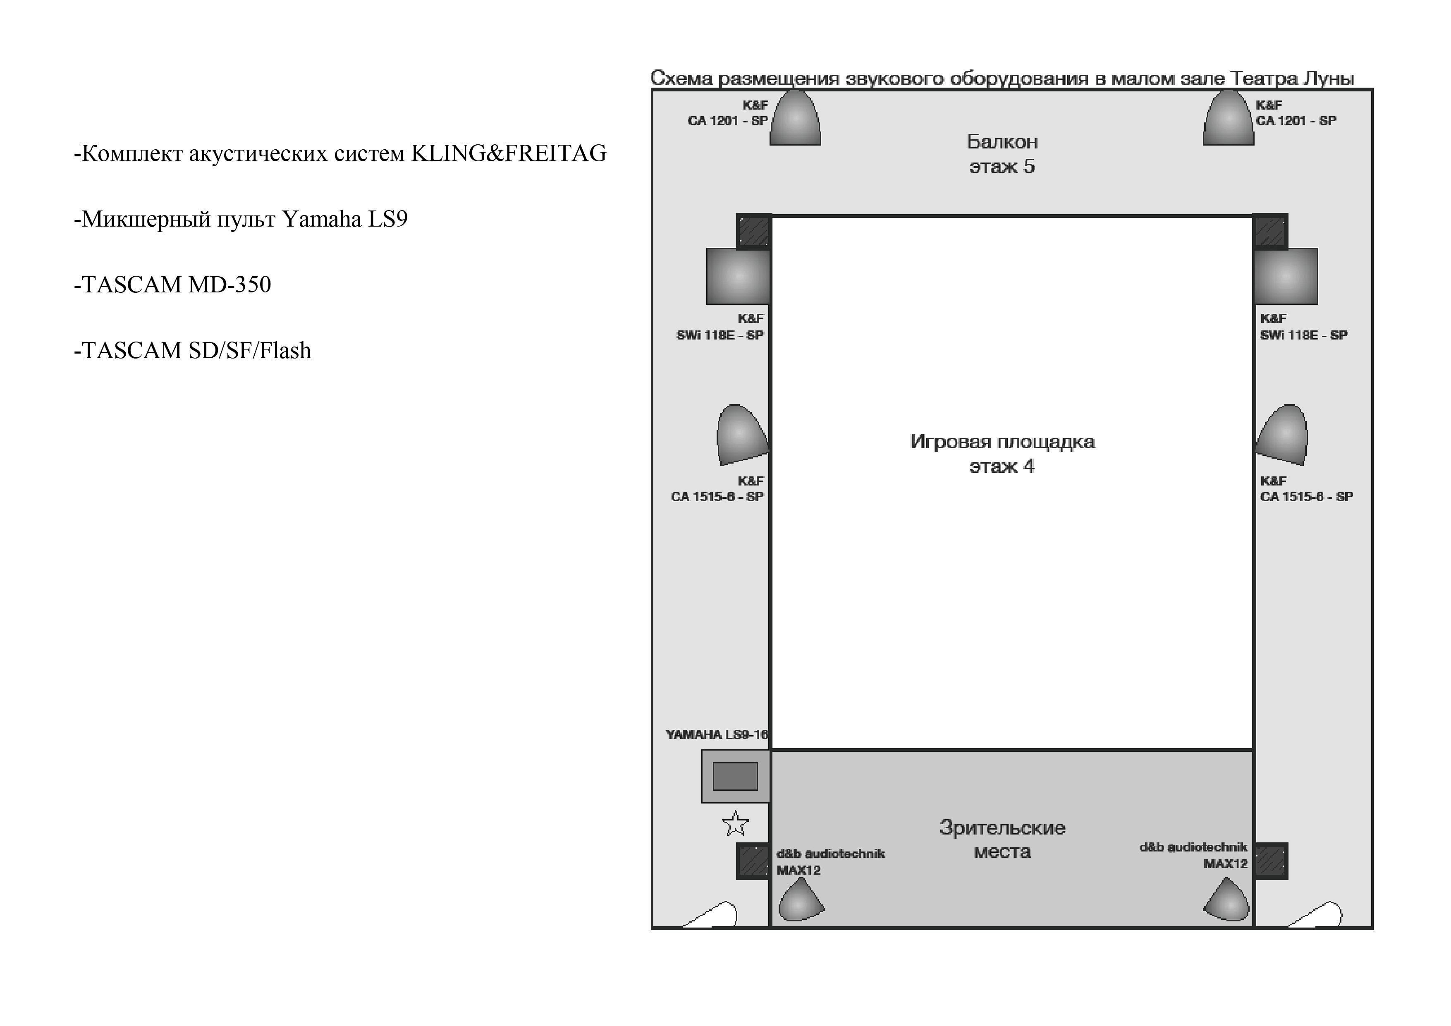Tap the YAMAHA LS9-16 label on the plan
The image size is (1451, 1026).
click(x=717, y=734)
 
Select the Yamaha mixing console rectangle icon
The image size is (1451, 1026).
click(x=736, y=776)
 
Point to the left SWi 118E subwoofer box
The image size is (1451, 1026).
click(x=738, y=276)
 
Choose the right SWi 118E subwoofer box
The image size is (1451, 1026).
click(x=1286, y=276)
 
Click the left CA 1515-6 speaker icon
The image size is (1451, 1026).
click(x=741, y=435)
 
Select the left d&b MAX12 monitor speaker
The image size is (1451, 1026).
click(x=801, y=899)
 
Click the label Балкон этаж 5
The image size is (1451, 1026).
click(x=1002, y=153)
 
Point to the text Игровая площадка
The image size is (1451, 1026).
click(x=1002, y=441)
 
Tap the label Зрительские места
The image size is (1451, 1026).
click(x=1002, y=839)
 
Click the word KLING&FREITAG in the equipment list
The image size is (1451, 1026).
click(x=509, y=153)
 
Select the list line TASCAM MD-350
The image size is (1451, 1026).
click(x=172, y=285)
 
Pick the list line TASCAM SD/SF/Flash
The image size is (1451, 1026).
click(x=193, y=350)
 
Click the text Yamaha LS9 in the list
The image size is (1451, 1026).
click(x=345, y=219)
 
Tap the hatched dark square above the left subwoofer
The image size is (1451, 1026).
click(x=754, y=231)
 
